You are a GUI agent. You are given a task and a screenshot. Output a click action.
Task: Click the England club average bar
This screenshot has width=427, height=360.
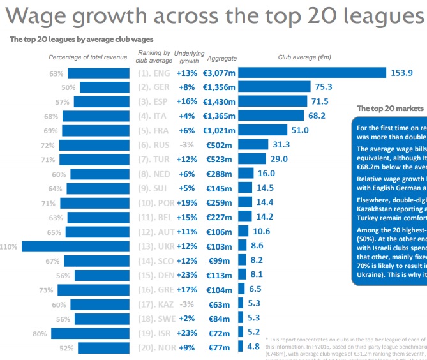tap(313, 73)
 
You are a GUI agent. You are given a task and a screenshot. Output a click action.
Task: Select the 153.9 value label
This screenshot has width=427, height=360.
tap(402, 73)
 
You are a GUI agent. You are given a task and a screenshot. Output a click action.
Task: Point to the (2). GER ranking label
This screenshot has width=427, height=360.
tap(154, 87)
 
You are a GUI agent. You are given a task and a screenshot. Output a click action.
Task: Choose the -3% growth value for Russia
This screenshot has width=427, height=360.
tap(186, 145)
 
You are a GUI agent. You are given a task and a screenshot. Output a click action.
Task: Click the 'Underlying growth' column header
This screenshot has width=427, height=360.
tap(189, 57)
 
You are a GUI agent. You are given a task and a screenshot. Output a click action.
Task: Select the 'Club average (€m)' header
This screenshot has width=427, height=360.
tap(304, 57)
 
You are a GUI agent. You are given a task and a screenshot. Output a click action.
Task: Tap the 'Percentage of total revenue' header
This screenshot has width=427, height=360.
tap(88, 57)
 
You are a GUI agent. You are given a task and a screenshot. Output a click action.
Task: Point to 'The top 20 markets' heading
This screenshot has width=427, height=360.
tap(390, 109)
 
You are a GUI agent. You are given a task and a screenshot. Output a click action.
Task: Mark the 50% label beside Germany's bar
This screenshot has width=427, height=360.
tap(68, 87)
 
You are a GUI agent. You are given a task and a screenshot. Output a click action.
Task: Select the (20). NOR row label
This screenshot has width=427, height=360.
tap(154, 347)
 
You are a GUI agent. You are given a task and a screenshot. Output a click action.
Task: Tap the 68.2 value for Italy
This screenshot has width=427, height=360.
tap(317, 116)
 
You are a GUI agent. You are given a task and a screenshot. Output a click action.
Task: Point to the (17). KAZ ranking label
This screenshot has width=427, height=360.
tap(154, 304)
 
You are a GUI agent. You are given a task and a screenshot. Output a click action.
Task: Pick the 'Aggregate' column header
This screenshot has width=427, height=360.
tap(222, 57)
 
